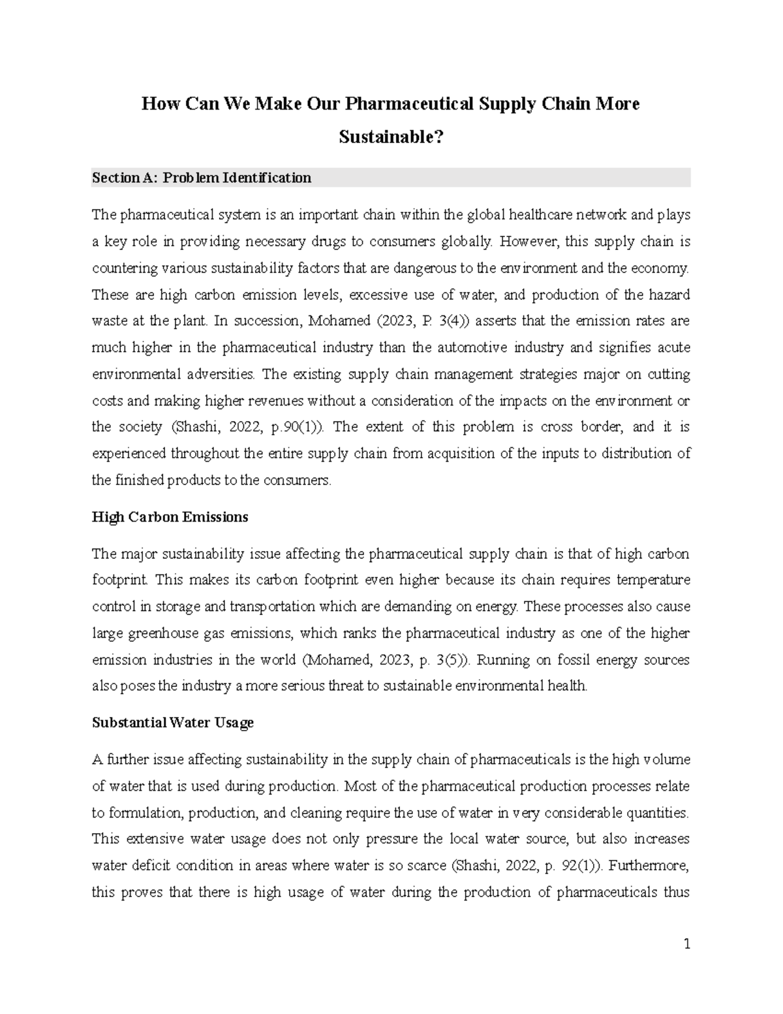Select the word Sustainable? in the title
point(391,138)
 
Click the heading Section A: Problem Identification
point(202,178)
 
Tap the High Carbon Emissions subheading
point(170,517)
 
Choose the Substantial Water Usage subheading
point(172,723)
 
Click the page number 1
point(686,945)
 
